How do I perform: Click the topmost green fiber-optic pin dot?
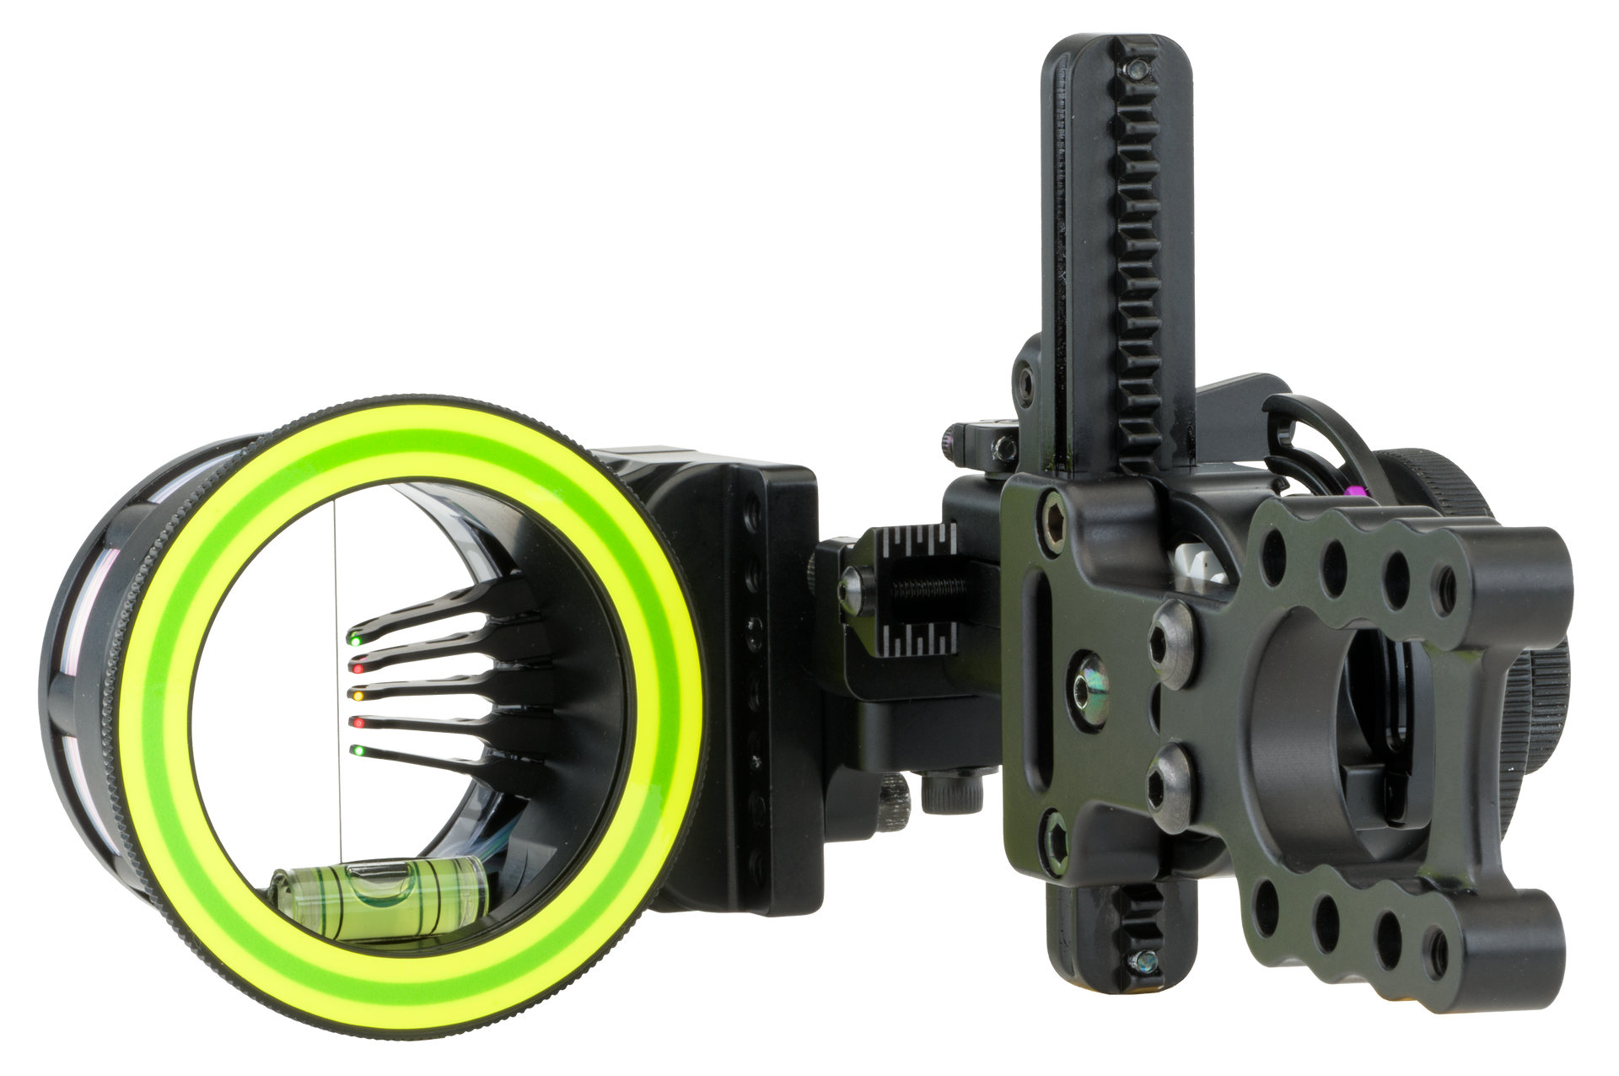356,643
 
